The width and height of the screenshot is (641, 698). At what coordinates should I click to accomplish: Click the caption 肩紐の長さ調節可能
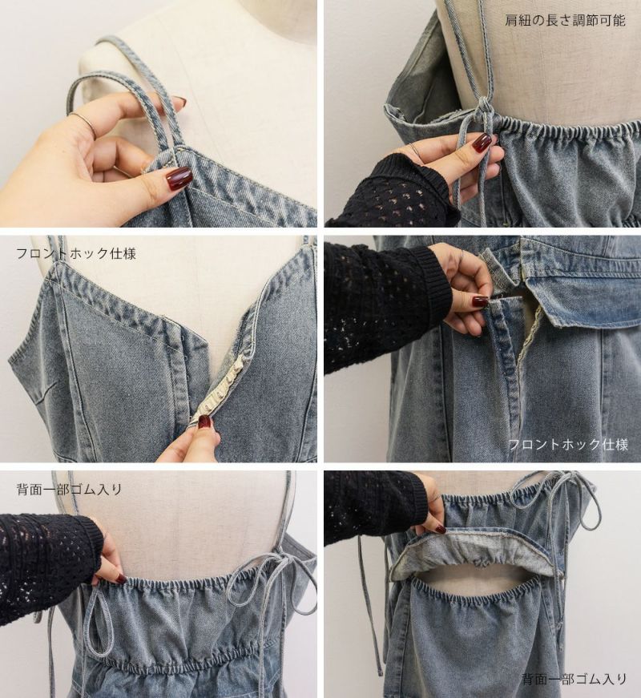coord(565,21)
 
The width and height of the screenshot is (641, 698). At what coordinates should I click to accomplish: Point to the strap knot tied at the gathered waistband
coord(481,108)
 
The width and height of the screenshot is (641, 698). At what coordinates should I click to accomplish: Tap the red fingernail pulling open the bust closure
coord(205,422)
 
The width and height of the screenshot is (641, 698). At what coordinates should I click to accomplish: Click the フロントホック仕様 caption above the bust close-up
coord(75,254)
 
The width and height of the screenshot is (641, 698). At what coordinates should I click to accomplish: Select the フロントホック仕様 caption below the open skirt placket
coord(568,444)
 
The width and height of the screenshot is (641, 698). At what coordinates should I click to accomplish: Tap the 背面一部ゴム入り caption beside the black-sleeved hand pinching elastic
coord(69,490)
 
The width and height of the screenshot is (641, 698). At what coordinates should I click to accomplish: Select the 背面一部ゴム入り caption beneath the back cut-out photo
coord(574,680)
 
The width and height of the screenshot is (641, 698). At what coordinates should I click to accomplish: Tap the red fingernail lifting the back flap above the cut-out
coord(440,530)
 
